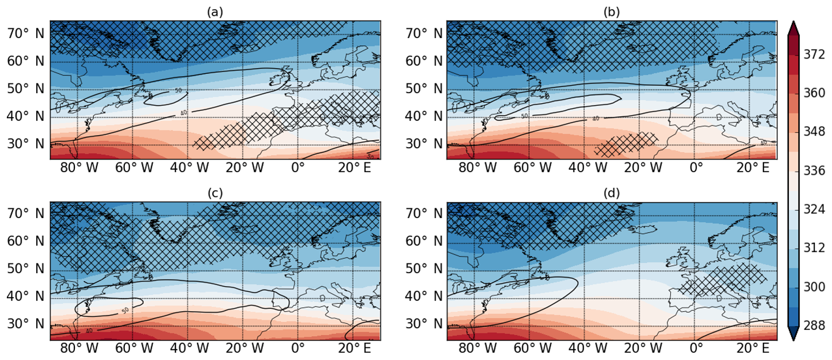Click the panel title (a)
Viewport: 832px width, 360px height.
[x=215, y=12]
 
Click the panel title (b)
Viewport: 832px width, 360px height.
[x=612, y=12]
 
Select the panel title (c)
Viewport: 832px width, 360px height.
[x=215, y=193]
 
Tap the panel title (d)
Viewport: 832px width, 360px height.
[x=612, y=193]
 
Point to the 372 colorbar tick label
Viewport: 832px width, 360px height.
[x=816, y=55]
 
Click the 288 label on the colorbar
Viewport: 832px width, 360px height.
[x=816, y=326]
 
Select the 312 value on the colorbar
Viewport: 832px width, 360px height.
[x=816, y=248]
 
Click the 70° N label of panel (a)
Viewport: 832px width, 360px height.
[x=25, y=34]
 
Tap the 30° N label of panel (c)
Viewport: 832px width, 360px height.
[x=25, y=324]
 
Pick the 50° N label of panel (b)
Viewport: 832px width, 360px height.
[x=421, y=89]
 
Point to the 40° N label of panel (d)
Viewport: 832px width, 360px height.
[x=421, y=296]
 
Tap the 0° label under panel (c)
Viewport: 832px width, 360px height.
[x=298, y=348]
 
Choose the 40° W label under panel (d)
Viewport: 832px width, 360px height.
[x=584, y=348]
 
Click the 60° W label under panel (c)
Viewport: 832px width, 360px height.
[x=133, y=348]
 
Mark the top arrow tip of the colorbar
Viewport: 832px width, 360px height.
[x=793, y=22]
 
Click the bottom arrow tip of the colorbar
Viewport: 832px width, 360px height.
[x=793, y=340]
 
